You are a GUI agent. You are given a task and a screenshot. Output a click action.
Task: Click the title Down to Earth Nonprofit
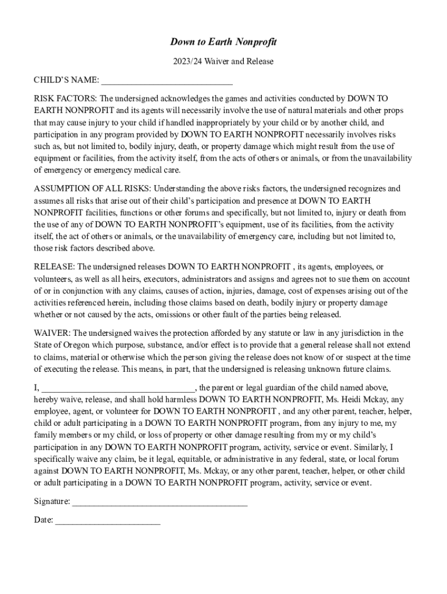tap(223, 42)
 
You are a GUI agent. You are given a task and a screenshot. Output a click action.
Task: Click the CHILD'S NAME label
tap(66, 79)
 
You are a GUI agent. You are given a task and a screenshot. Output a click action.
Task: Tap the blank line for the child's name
tap(167, 81)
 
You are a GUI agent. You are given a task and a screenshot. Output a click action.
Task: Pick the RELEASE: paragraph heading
tap(55, 267)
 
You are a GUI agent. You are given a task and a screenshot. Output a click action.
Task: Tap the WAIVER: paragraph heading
tap(52, 333)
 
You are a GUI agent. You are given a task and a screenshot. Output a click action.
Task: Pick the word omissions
tap(177, 315)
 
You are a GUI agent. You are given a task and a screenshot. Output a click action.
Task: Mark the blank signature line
tap(160, 502)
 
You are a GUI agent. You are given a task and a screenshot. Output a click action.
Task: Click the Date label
tap(44, 520)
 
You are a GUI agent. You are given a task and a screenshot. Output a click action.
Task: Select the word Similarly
tap(369, 447)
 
